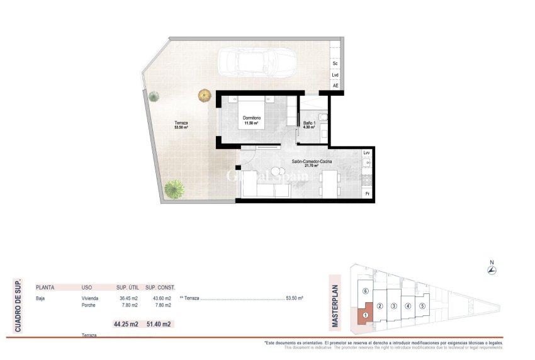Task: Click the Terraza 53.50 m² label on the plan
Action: click(x=181, y=125)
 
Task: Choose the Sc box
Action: click(x=335, y=64)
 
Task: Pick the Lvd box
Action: click(x=335, y=75)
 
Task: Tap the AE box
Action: click(x=335, y=86)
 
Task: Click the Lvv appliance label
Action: click(x=367, y=153)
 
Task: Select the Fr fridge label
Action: click(x=367, y=193)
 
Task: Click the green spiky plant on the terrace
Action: click(x=174, y=188)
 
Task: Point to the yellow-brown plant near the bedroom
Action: click(x=204, y=96)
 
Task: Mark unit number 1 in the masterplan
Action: click(x=365, y=315)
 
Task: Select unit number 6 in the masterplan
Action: click(x=366, y=291)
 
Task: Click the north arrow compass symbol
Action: click(x=492, y=271)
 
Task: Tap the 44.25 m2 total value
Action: click(x=126, y=325)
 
